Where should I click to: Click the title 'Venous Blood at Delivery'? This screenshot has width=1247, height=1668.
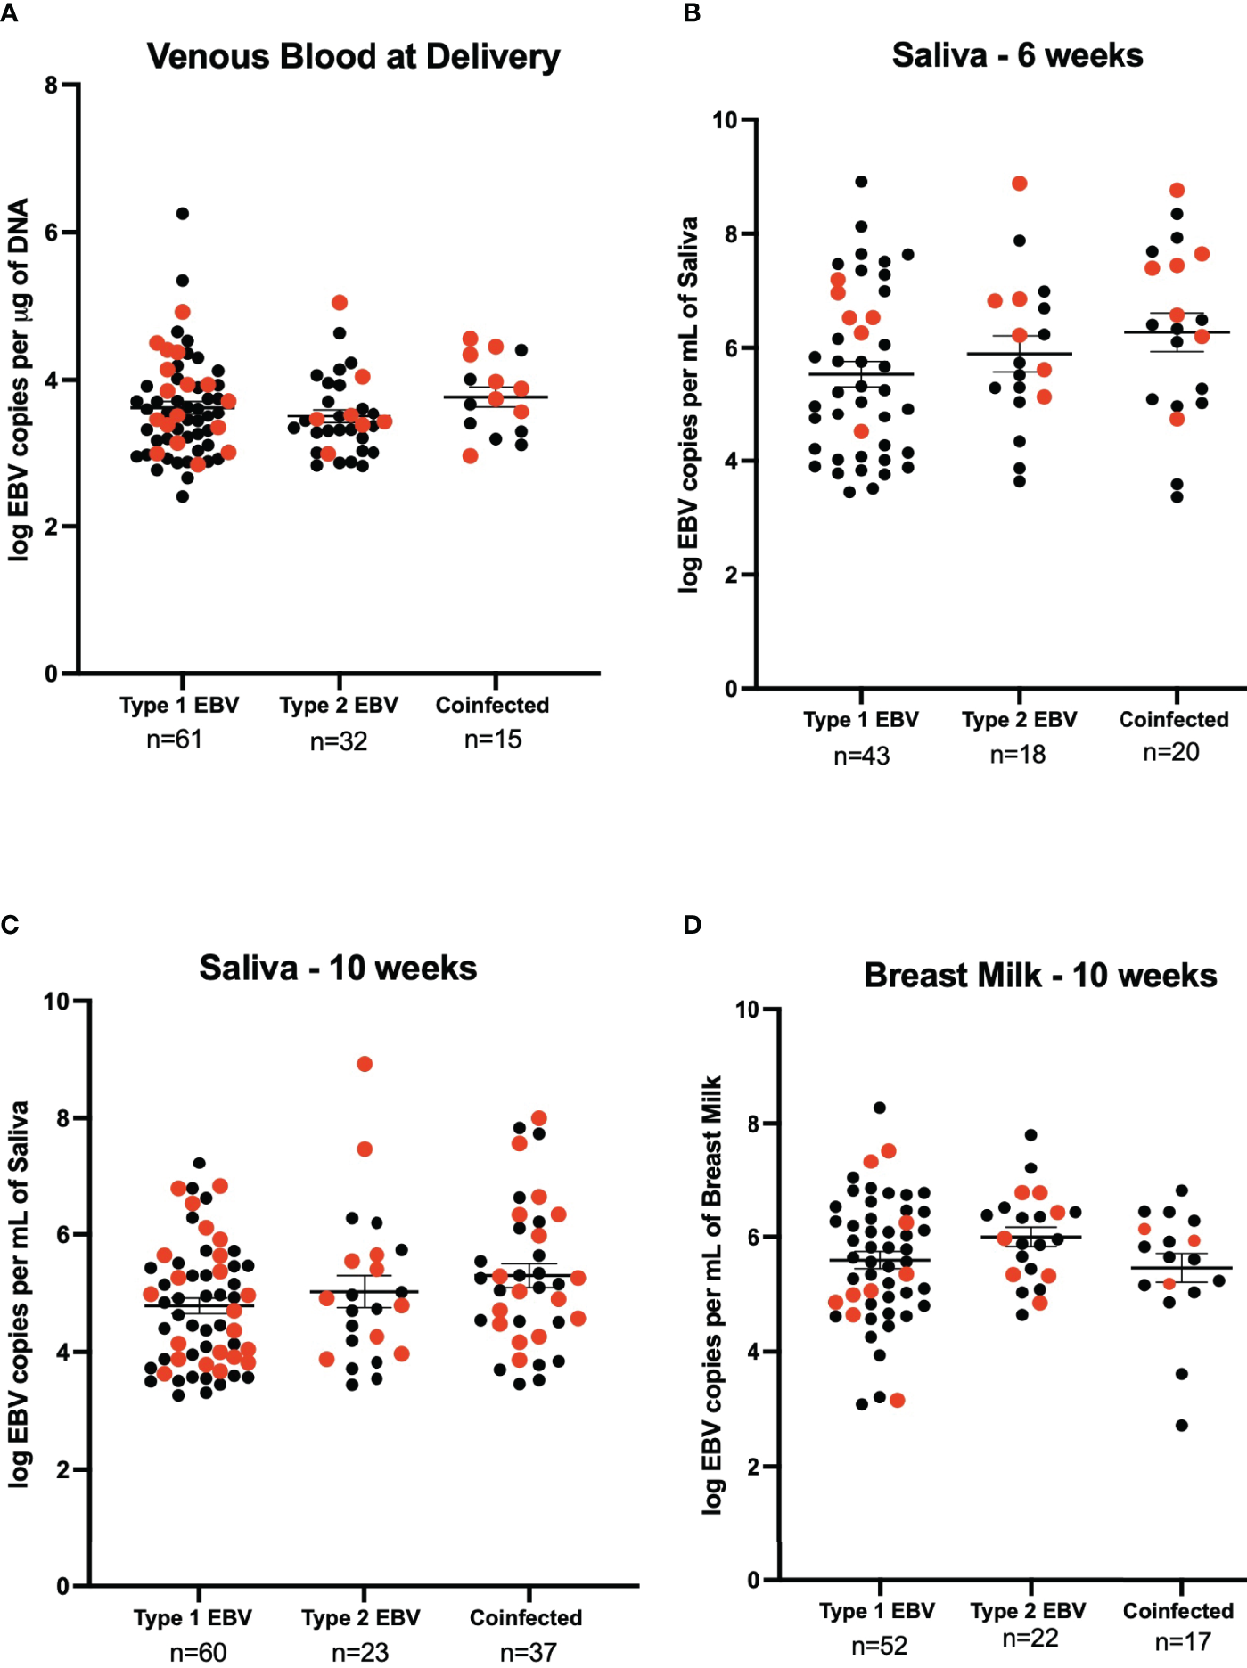(x=354, y=56)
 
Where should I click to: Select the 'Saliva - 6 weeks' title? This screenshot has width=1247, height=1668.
(x=1017, y=55)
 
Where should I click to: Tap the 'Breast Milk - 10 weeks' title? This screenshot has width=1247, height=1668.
(x=1040, y=975)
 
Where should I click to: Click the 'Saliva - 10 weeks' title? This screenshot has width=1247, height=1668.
(x=338, y=968)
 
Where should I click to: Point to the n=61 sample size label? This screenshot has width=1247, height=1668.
(x=175, y=740)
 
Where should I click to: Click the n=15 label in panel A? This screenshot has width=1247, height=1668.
(x=493, y=740)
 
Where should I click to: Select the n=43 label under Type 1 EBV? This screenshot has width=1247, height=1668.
(x=861, y=756)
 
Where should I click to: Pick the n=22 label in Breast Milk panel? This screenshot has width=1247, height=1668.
(x=1030, y=1638)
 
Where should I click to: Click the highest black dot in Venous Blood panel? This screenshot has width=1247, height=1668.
(x=182, y=214)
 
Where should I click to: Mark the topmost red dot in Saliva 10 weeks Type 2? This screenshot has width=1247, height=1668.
(x=365, y=1064)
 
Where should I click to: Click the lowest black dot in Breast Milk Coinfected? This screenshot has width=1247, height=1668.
(x=1181, y=1426)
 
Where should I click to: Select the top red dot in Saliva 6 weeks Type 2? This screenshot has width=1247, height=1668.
(x=1020, y=184)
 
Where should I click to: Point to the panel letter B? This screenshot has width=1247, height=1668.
(x=692, y=13)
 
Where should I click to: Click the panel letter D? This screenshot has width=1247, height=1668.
(x=692, y=925)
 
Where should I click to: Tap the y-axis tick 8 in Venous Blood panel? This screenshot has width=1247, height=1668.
(x=51, y=86)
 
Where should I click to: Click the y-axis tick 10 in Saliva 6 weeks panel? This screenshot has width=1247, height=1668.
(x=725, y=120)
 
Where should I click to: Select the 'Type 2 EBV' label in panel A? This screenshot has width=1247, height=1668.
(x=339, y=706)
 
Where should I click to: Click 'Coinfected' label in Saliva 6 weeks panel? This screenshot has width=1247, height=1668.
(x=1174, y=720)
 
